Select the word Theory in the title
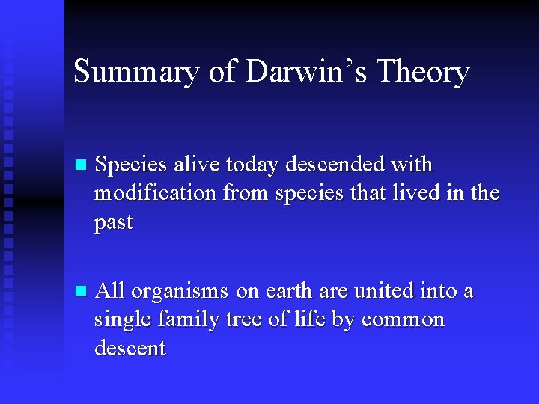423,73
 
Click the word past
114,224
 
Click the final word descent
130,349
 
